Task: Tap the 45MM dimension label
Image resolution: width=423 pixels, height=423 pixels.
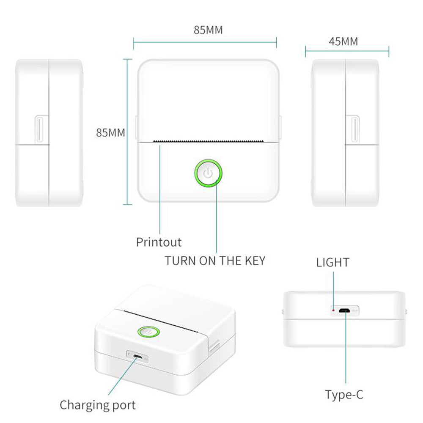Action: [x=343, y=41]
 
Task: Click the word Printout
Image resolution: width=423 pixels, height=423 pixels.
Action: [x=159, y=242]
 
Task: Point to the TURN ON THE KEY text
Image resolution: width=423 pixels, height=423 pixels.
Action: [x=215, y=261]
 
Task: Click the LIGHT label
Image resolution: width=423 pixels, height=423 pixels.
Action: [x=333, y=262]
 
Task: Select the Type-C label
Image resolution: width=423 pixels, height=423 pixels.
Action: [x=344, y=395]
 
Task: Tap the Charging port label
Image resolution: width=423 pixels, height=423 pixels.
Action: [x=98, y=405]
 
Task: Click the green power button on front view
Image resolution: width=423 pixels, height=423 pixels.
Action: [x=208, y=173]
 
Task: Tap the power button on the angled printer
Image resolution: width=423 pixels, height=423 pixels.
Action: [x=149, y=332]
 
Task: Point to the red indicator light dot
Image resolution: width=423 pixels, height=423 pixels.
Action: [x=334, y=310]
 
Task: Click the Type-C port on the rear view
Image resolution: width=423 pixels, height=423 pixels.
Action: [x=345, y=311]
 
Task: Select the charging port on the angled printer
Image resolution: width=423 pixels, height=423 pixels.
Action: [x=137, y=357]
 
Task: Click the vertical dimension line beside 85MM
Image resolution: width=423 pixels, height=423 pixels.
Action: [x=125, y=132]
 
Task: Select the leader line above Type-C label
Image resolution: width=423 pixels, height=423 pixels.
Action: [x=345, y=351]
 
